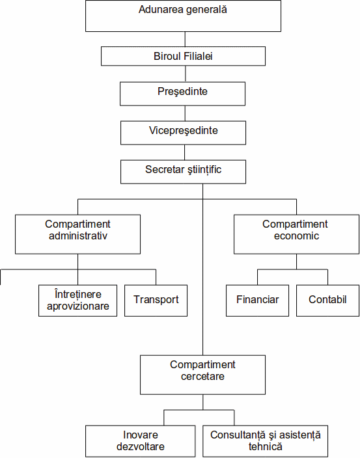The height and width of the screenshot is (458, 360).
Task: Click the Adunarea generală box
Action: (x=183, y=16)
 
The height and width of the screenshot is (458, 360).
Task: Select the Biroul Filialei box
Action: (x=183, y=56)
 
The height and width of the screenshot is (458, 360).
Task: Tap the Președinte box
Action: (x=183, y=94)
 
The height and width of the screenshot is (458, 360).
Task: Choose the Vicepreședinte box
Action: (x=183, y=133)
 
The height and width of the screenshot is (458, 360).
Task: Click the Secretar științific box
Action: (x=183, y=172)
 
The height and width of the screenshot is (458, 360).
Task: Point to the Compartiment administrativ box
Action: (x=77, y=234)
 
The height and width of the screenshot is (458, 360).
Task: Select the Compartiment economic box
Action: (x=296, y=234)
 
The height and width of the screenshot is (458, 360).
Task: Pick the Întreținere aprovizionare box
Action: (x=77, y=301)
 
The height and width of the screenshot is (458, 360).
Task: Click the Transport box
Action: (x=156, y=301)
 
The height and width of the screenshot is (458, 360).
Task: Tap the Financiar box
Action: (x=257, y=301)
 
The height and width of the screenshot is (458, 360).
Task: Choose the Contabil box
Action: (x=327, y=301)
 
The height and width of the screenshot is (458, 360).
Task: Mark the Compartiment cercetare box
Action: (x=203, y=375)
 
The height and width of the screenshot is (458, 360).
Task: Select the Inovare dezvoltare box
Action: (x=140, y=441)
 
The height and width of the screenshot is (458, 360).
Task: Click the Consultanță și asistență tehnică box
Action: (x=266, y=441)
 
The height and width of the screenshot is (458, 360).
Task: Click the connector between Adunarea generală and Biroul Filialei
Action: (x=185, y=39)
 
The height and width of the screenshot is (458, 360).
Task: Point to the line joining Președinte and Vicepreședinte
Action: (x=185, y=113)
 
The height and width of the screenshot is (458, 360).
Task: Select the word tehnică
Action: (x=266, y=446)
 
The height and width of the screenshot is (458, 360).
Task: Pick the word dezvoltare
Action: (x=140, y=446)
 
